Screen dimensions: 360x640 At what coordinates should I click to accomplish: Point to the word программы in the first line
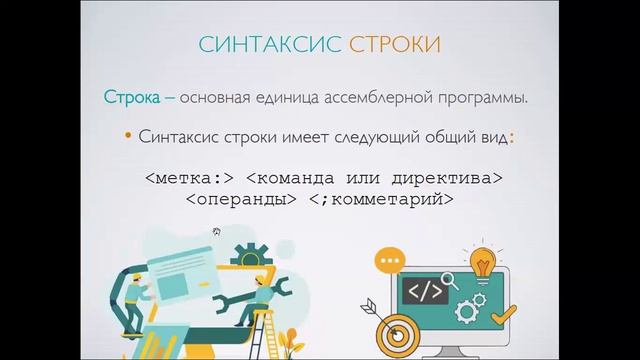491,96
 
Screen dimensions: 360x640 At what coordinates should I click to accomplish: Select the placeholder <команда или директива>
373,179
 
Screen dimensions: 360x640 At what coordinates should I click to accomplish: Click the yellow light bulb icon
483,264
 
